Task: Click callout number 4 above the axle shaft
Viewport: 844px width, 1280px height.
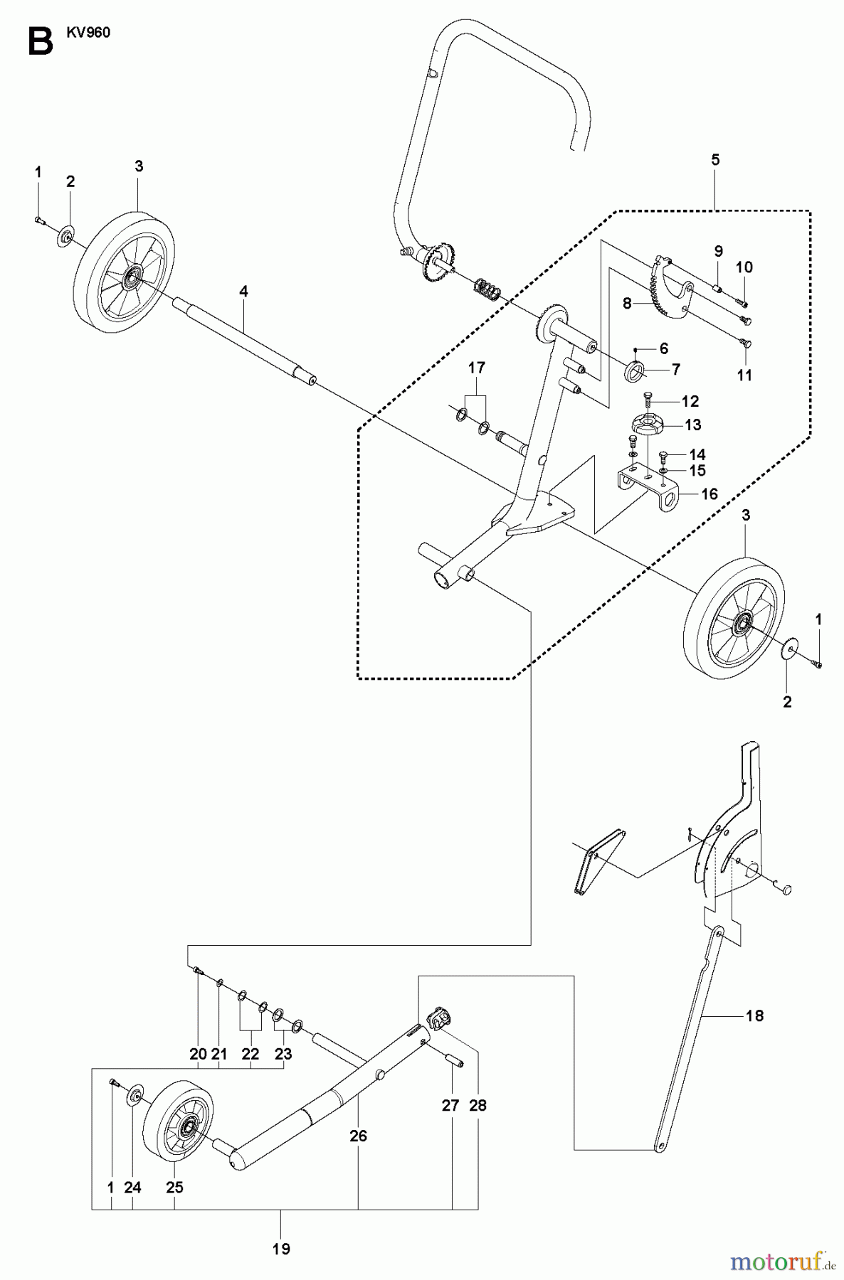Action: click(x=243, y=291)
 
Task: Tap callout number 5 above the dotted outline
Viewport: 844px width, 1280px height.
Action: click(x=714, y=160)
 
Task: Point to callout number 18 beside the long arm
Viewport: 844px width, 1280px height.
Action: click(x=754, y=1015)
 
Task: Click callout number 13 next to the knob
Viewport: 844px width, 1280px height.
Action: click(x=692, y=425)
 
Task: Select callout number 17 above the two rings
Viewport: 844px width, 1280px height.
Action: click(x=476, y=368)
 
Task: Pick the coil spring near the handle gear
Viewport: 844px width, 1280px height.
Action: click(x=487, y=290)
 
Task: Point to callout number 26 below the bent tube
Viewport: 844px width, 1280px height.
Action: click(x=358, y=1136)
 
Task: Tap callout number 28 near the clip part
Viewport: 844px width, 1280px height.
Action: click(x=478, y=1106)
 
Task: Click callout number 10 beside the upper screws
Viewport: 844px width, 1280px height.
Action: click(x=744, y=267)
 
